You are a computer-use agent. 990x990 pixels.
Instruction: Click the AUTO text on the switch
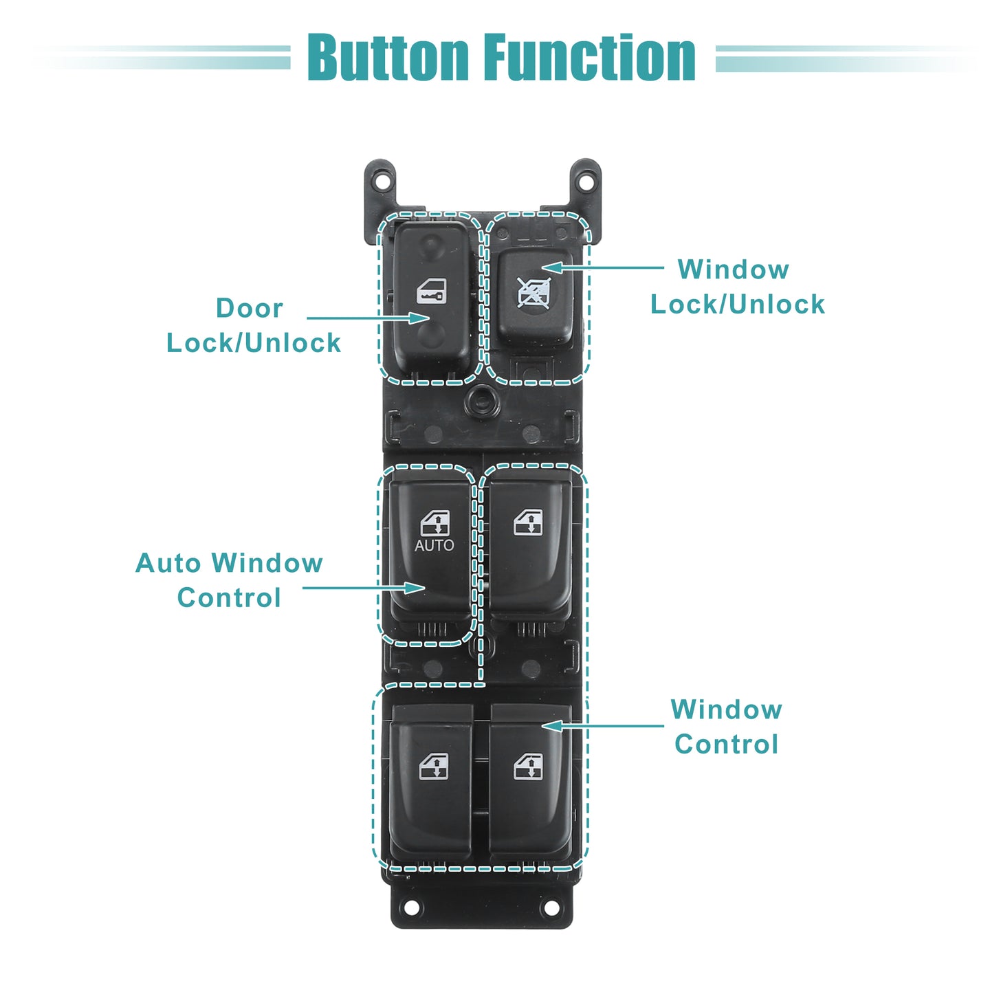434,545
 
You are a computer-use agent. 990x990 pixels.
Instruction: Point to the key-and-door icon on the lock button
431,291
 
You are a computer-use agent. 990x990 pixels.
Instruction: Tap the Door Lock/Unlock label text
253,326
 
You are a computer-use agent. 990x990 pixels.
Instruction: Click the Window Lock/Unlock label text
737,287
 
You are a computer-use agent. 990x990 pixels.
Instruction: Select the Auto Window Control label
229,580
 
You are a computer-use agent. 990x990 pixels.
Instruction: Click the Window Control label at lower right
727,727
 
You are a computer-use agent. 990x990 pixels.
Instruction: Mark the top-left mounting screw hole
381,181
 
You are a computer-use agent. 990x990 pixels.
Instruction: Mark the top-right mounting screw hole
585,181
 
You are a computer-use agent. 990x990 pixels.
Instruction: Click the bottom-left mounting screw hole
411,907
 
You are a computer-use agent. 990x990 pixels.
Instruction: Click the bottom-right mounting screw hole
551,907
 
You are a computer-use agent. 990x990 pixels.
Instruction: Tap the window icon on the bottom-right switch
528,767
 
